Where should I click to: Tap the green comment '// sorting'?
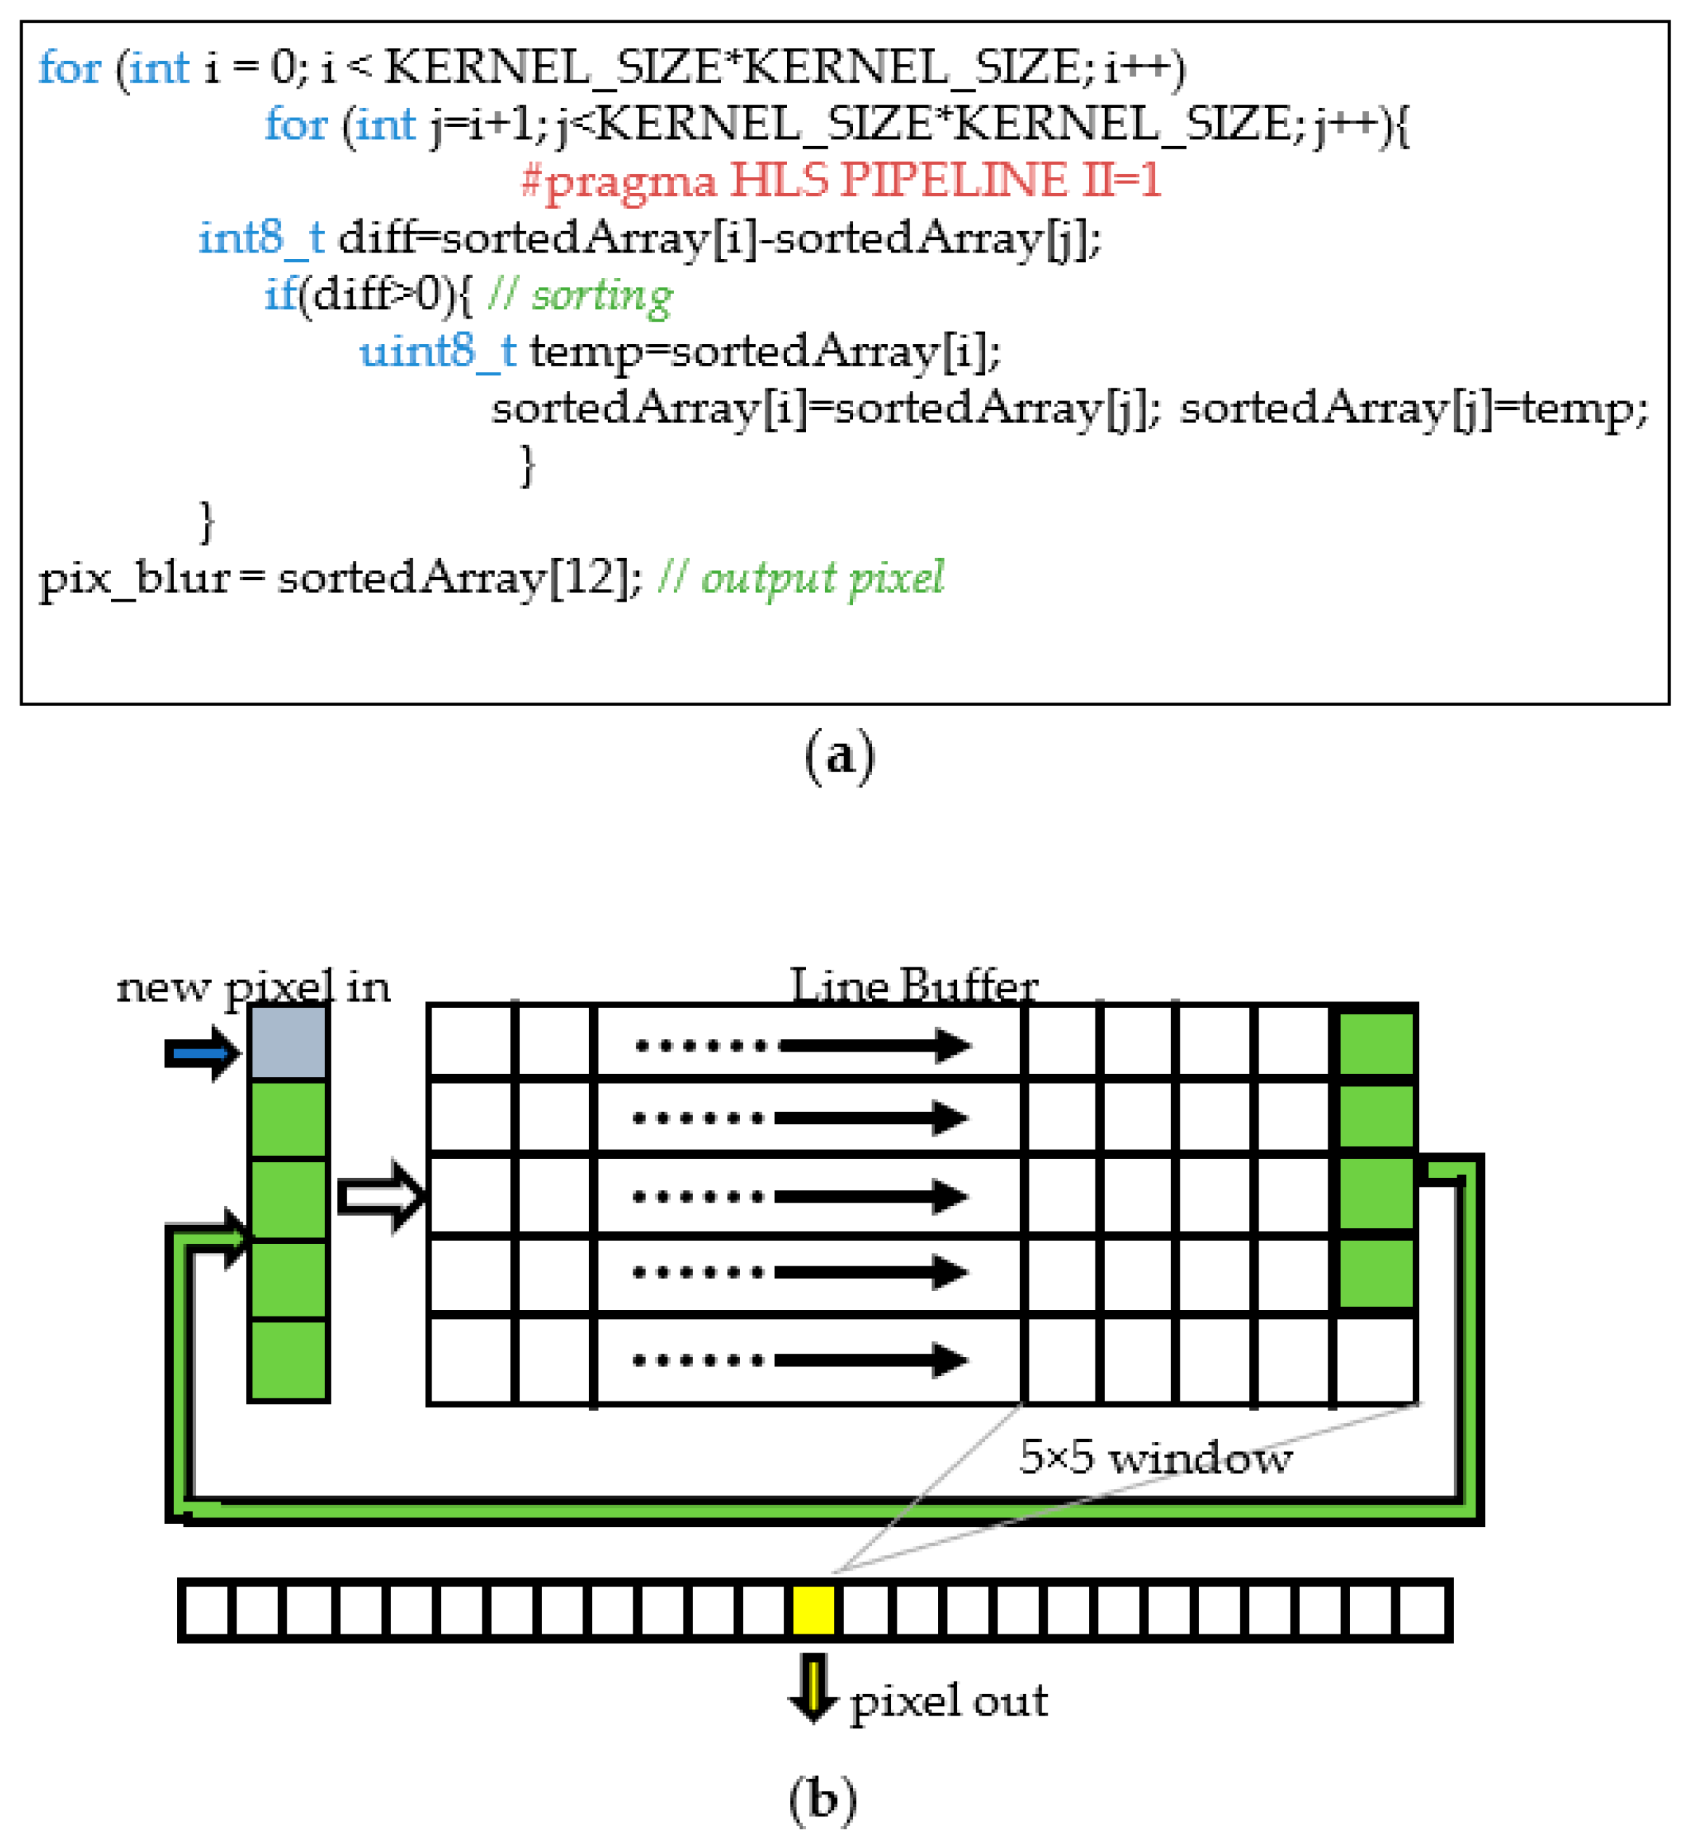580,295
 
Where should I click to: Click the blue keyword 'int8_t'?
262,238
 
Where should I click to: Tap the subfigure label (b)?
823,1799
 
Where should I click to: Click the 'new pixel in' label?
253,988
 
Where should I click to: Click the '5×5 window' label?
1154,1457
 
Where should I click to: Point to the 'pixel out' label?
948,1700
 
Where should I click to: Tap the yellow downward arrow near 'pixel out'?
812,1687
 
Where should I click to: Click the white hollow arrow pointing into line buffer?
381,1197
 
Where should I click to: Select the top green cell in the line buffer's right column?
1376,1043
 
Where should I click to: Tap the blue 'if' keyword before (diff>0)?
280,295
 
